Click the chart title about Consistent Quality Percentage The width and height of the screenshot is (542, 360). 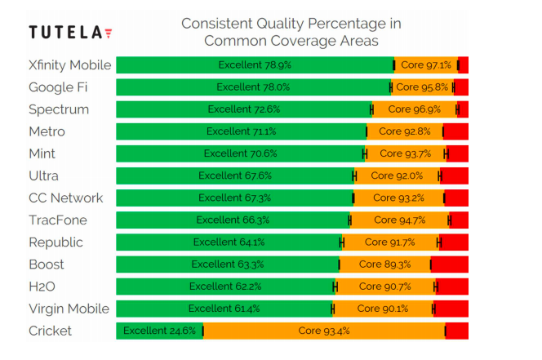(291, 32)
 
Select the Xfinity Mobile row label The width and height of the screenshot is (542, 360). (69, 65)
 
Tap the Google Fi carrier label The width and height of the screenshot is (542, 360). (58, 87)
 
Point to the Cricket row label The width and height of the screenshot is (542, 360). (50, 331)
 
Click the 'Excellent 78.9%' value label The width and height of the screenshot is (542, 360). (255, 65)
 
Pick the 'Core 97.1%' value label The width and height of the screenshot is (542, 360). (426, 65)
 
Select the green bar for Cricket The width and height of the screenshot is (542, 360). (159, 331)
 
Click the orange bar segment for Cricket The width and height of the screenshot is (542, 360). (324, 331)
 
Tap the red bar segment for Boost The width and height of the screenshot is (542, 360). (450, 264)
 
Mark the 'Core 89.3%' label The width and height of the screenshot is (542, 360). (384, 264)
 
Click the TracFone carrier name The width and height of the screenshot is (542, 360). (58, 220)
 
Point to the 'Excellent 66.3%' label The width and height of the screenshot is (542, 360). (233, 220)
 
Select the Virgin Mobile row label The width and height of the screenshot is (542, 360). (69, 309)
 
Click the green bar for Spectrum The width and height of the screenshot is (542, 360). (243, 109)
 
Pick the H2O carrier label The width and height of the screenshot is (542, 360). (44, 287)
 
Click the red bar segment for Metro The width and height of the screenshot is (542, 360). (455, 131)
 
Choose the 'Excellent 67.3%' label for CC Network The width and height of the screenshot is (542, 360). (235, 198)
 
